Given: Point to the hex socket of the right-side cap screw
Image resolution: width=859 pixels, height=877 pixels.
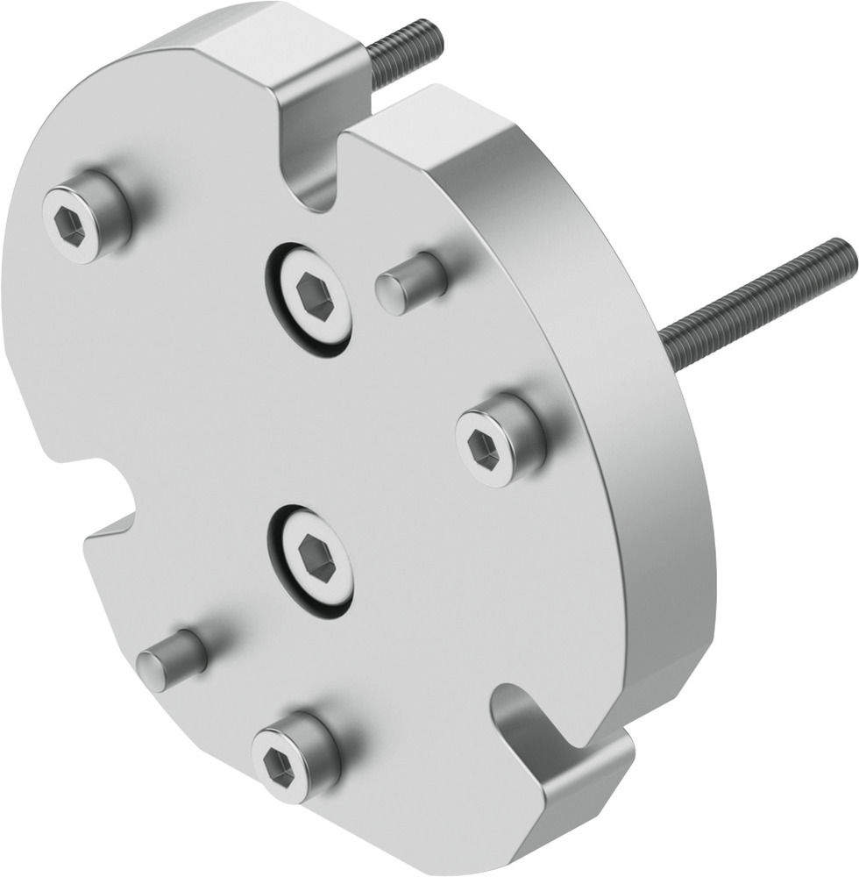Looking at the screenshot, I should click(485, 449).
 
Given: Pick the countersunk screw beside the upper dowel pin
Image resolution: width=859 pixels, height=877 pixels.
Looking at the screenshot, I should click(312, 297).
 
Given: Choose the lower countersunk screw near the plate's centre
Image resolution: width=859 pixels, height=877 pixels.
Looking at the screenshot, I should click(314, 560).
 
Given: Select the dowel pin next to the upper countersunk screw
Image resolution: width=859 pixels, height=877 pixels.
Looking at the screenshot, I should click(410, 282).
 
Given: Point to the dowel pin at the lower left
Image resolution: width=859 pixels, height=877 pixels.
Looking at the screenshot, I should click(172, 660).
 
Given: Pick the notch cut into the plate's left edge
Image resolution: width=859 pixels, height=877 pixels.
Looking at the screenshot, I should click(96, 487).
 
